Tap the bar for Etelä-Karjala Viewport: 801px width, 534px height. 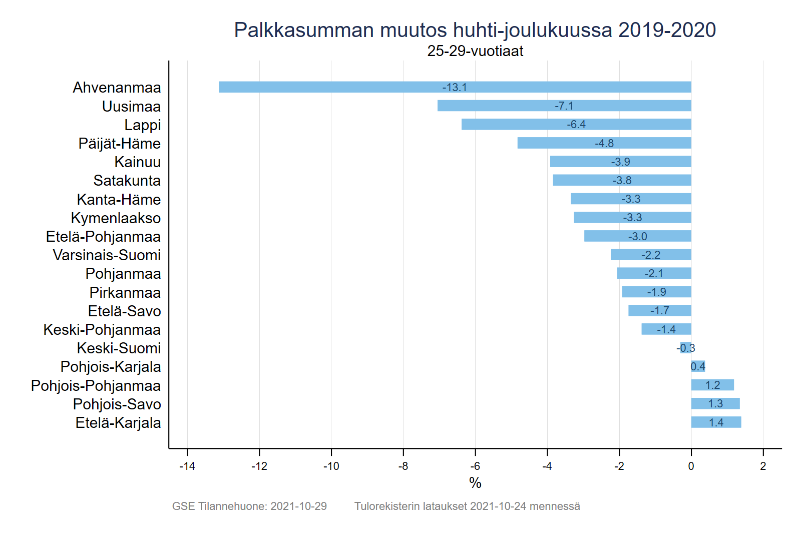pos(716,422)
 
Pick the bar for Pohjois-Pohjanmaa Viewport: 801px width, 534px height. pos(712,385)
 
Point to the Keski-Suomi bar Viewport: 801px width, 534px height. pos(686,348)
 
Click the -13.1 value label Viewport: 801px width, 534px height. pos(455,88)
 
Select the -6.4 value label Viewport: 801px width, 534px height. pos(576,125)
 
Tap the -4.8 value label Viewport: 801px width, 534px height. pos(604,144)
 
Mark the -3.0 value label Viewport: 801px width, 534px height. pos(637,236)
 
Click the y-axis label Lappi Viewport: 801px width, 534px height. pos(143,125)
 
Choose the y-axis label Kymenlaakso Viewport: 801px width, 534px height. pos(116,218)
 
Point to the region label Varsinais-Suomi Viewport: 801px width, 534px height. pos(107,255)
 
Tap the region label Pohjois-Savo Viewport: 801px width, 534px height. pos(117,404)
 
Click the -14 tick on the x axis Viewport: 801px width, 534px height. pos(187,466)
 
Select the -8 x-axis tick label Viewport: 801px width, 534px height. pos(403,466)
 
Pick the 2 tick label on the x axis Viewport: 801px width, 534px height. pos(763,466)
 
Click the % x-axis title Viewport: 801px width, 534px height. pos(475,483)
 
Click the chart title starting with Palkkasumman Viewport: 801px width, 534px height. pos(475,30)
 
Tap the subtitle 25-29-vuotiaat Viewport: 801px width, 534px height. pos(475,51)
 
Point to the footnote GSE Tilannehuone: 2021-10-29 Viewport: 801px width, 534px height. pos(249,506)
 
